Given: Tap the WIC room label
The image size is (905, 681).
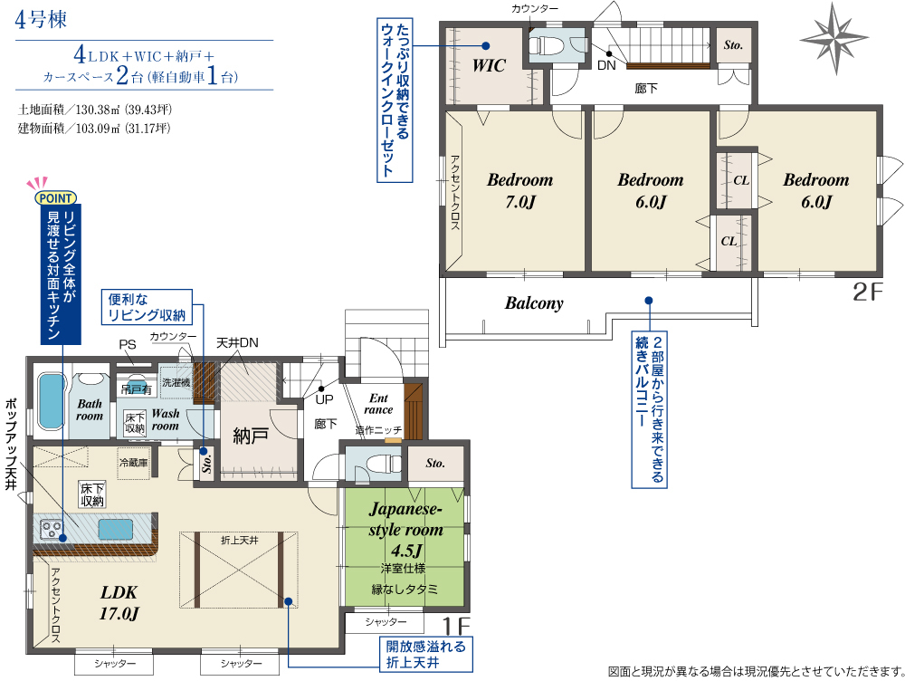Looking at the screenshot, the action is click(489, 65).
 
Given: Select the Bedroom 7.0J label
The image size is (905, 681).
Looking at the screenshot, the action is click(520, 190).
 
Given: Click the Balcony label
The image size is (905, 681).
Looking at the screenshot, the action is click(534, 303).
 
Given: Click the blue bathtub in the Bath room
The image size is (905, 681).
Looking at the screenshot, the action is click(52, 401).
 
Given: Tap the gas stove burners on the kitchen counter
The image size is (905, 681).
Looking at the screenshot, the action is click(51, 530).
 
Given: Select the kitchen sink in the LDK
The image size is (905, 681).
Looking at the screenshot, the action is click(115, 529).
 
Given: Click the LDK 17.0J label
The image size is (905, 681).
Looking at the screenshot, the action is click(119, 602).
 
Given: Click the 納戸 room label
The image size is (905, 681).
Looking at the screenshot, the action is click(251, 436).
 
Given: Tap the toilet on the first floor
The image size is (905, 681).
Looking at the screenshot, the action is click(383, 463).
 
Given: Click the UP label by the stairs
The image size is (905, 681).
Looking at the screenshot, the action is click(324, 399).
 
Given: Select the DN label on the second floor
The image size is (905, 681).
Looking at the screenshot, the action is click(606, 65).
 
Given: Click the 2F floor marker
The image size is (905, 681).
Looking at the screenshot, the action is click(868, 292).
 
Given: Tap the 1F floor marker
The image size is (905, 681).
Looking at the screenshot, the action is click(456, 626).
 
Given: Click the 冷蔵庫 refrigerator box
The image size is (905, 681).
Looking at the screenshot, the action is click(134, 463).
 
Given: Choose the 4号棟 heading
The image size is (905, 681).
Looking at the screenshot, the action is click(41, 19).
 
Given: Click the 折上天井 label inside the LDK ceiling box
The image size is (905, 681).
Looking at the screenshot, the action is click(239, 540).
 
